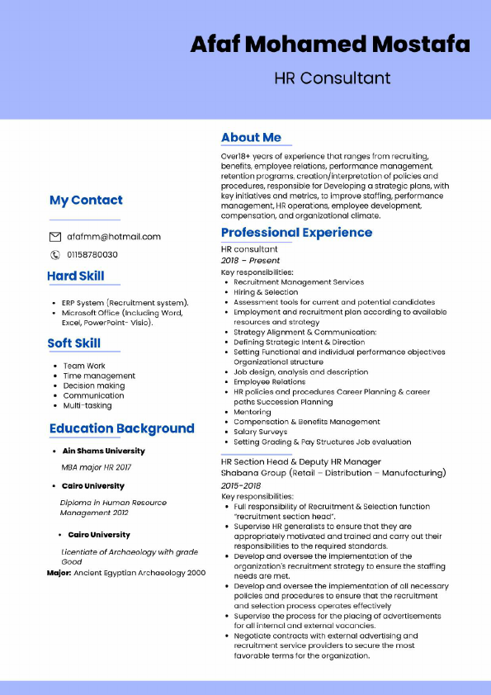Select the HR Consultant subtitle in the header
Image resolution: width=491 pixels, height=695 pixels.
coord(333,78)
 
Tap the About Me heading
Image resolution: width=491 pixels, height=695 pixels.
coord(251,138)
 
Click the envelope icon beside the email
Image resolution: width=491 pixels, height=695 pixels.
coord(56,237)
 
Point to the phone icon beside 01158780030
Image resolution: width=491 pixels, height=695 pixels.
coord(56,255)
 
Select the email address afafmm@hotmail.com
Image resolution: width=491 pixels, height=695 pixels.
coord(114,237)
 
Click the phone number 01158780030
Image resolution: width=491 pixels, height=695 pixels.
coord(92,255)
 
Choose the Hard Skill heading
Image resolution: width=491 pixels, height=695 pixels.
coord(76,277)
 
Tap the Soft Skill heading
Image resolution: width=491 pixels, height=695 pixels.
coord(74,343)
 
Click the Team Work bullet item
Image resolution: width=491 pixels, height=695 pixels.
coord(84,366)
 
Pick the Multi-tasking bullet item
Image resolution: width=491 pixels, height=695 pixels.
coord(87,405)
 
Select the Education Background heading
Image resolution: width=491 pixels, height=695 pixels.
coord(122,428)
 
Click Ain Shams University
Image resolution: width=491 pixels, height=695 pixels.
coord(103,452)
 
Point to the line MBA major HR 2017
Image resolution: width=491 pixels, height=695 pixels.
coord(96,466)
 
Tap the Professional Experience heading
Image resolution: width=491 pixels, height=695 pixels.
coord(296,233)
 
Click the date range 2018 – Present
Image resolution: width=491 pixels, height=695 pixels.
coord(250,261)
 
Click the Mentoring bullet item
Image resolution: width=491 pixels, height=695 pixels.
coord(252,412)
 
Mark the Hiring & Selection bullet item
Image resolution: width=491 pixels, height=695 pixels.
coord(266,292)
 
